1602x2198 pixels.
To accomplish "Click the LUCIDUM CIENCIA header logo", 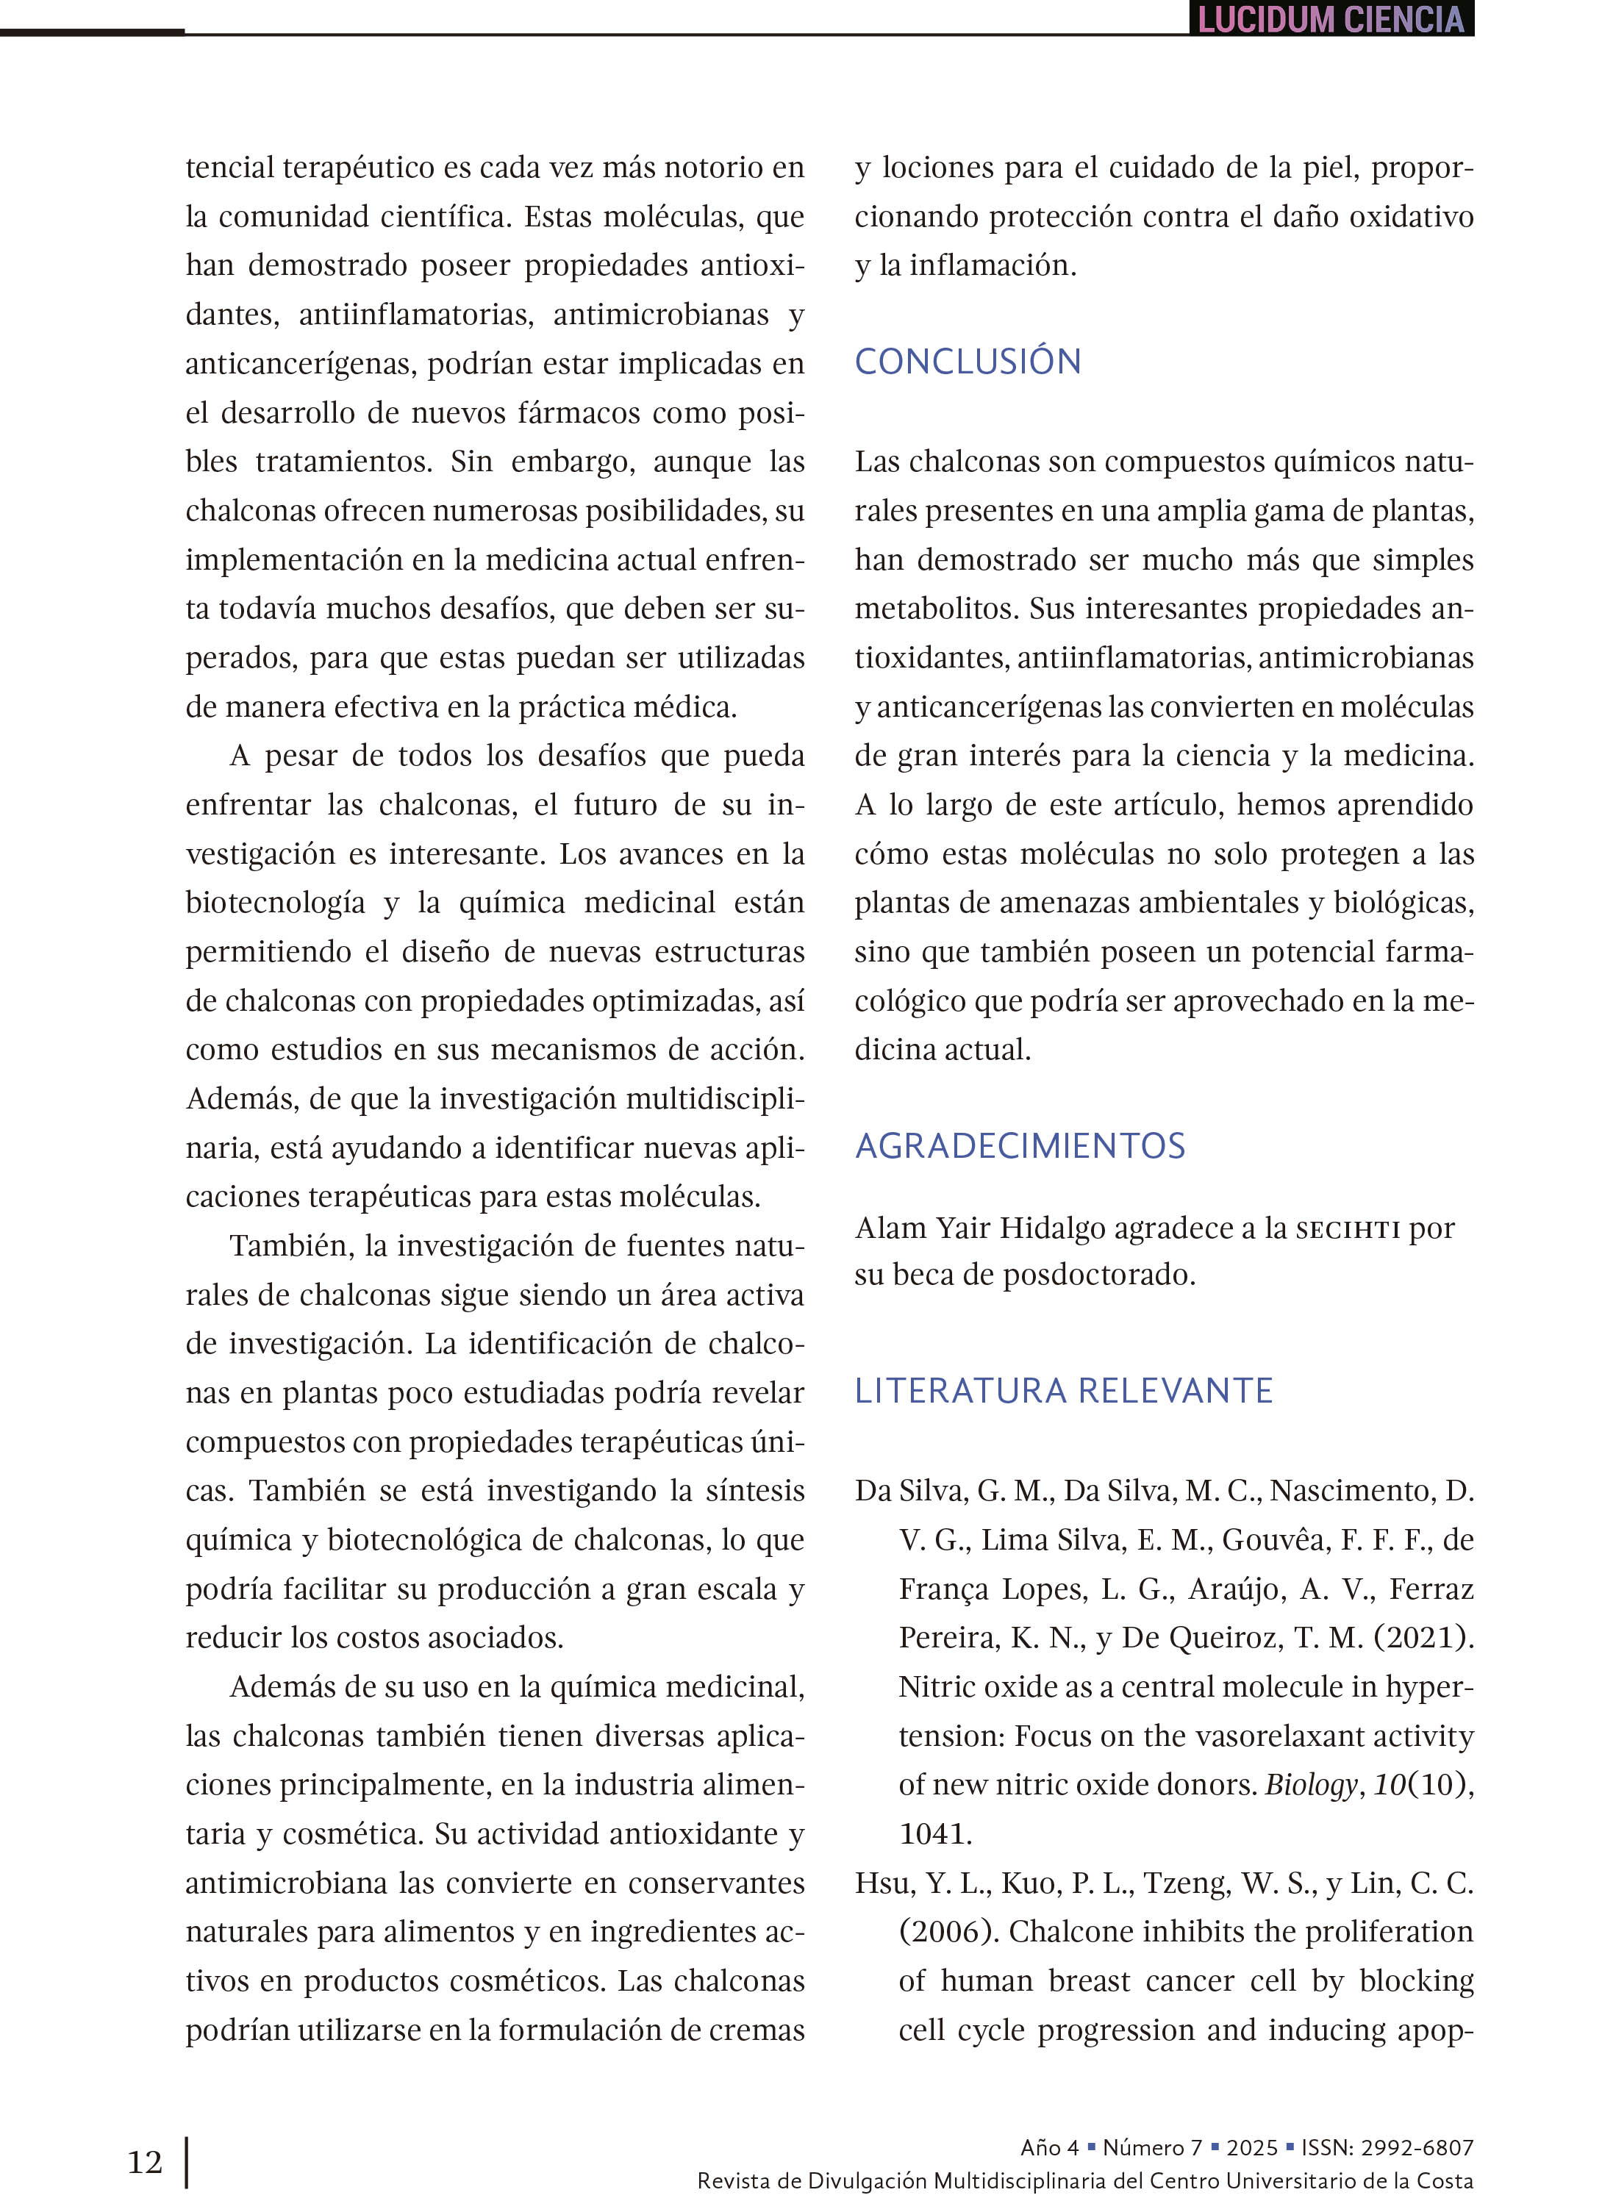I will click(1331, 19).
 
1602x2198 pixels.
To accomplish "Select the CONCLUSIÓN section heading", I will click(967, 362).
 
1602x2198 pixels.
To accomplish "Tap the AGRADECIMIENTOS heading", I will click(1019, 1146).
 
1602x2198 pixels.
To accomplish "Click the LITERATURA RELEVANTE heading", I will click(1063, 1390).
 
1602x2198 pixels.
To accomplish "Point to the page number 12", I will click(145, 2161).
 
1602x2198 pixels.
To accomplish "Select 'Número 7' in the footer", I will click(1152, 2147).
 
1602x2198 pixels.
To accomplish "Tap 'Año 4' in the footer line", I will click(1049, 2147).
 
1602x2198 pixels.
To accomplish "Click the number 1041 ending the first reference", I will click(935, 1833).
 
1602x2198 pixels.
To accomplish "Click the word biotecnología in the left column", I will click(276, 903).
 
